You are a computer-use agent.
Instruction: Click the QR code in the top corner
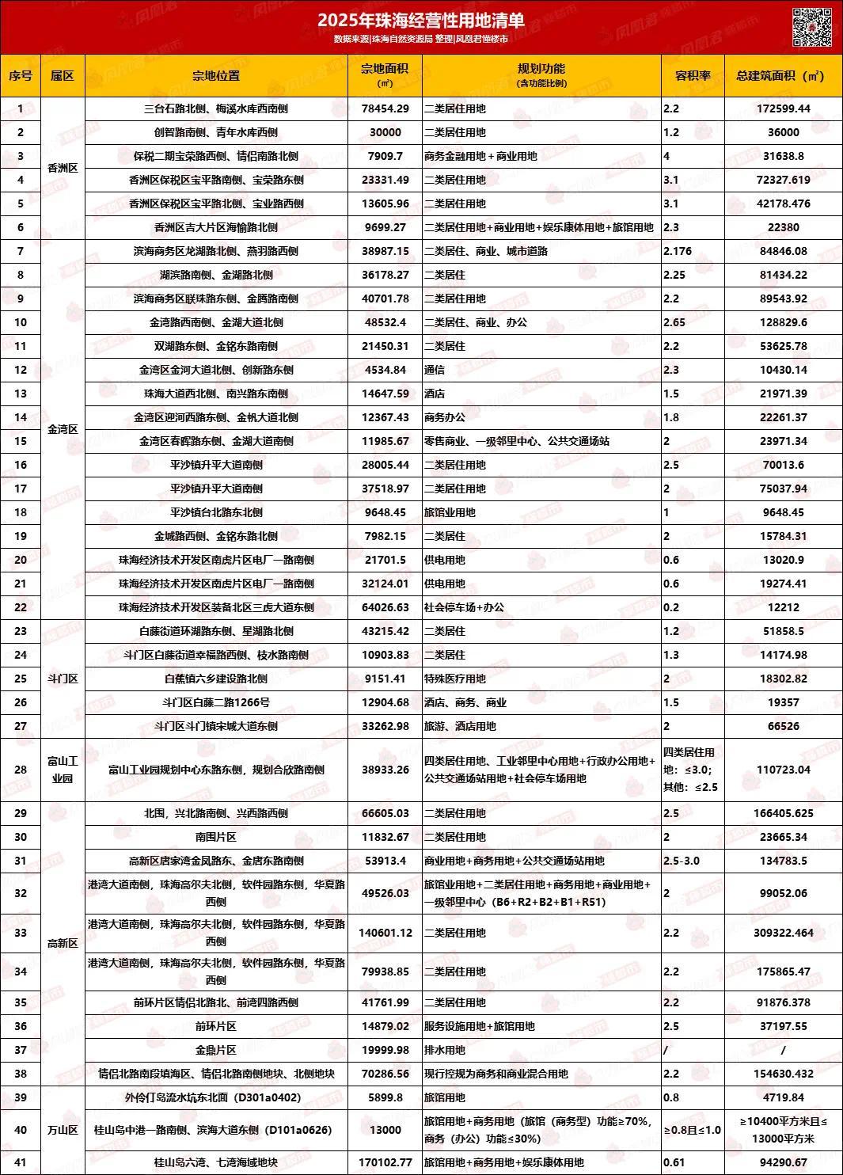click(x=813, y=26)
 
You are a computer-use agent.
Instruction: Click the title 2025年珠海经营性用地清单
click(x=420, y=20)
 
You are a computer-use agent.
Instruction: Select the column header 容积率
click(x=693, y=76)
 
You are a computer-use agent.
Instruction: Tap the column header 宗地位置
click(x=216, y=76)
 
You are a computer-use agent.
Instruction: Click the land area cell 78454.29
click(x=385, y=108)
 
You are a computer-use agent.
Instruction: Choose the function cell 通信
click(x=435, y=370)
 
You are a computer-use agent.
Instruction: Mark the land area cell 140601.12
click(x=385, y=933)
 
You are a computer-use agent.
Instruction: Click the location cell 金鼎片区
click(x=216, y=1050)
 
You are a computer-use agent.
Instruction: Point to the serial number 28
click(x=21, y=770)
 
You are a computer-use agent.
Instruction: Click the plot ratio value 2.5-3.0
click(x=682, y=861)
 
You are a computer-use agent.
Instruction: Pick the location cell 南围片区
click(x=216, y=837)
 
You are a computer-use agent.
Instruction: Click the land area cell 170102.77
click(x=385, y=1162)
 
